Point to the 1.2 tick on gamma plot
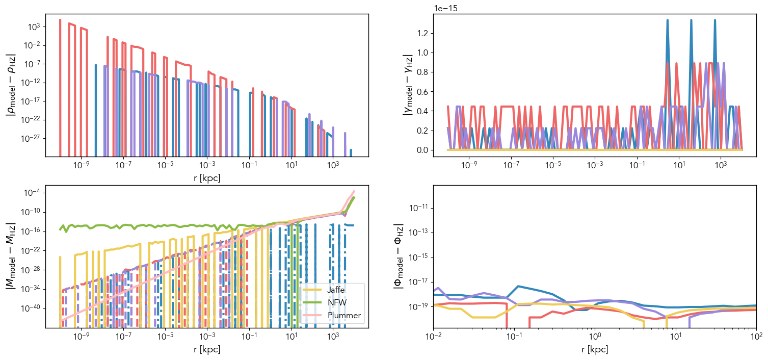click(421, 34)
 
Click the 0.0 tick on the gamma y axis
click(421, 150)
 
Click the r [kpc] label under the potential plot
click(595, 350)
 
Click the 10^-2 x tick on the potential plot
click(434, 337)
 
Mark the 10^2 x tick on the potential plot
click(757, 337)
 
